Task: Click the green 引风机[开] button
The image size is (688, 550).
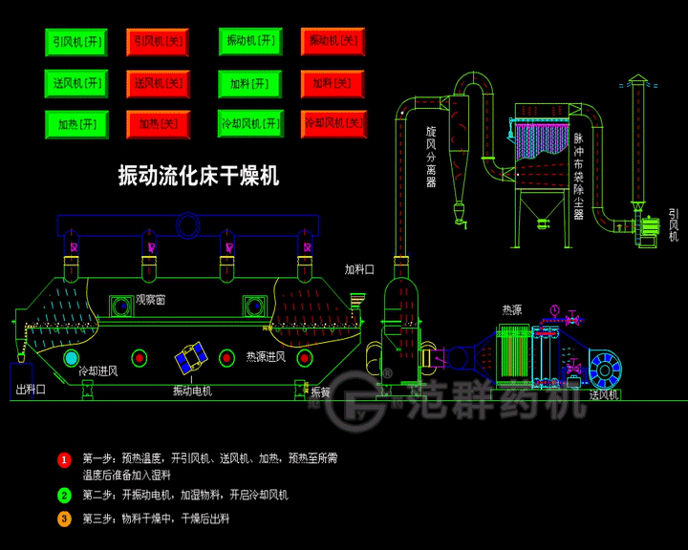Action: pyautogui.click(x=76, y=42)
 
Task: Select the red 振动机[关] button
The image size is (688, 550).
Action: pyautogui.click(x=333, y=41)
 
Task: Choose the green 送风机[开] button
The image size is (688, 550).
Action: pyautogui.click(x=76, y=83)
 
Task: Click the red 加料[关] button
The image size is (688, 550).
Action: pyautogui.click(x=333, y=83)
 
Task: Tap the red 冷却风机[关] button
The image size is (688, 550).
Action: pyautogui.click(x=333, y=124)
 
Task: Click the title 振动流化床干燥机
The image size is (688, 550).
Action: pyautogui.click(x=198, y=175)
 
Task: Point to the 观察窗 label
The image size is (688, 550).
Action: pyautogui.click(x=150, y=300)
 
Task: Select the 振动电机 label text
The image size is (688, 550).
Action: pyautogui.click(x=192, y=391)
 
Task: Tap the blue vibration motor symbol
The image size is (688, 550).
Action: pyautogui.click(x=191, y=358)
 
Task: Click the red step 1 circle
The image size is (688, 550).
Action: pyautogui.click(x=64, y=460)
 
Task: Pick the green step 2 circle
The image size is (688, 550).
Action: pyautogui.click(x=64, y=496)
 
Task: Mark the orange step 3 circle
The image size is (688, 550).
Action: pyautogui.click(x=64, y=519)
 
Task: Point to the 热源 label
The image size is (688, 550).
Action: pyautogui.click(x=512, y=310)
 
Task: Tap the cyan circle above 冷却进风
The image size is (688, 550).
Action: pyautogui.click(x=72, y=357)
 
